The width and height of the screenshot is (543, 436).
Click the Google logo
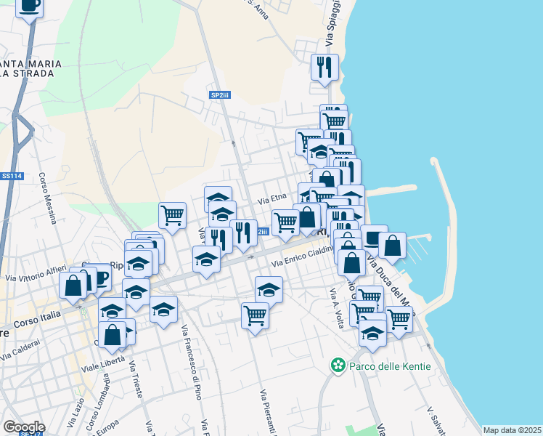pyautogui.click(x=23, y=427)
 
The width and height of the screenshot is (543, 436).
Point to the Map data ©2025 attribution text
pyautogui.click(x=512, y=430)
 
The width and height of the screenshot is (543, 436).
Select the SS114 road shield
pyautogui.click(x=10, y=176)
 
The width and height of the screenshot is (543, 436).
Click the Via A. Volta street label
pyautogui.click(x=336, y=308)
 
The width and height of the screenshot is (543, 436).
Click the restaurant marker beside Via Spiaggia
pyautogui.click(x=324, y=66)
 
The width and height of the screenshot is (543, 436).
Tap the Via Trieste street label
pyautogui.click(x=134, y=382)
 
